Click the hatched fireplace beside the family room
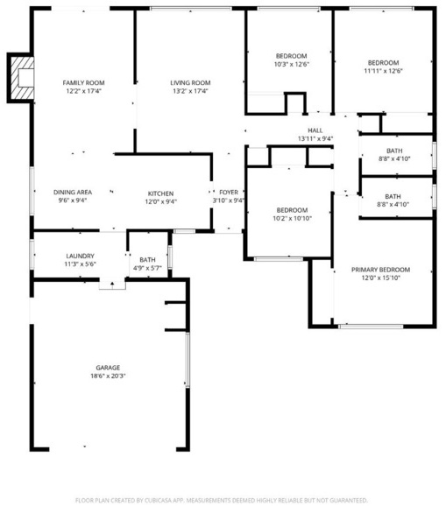pyautogui.click(x=22, y=78)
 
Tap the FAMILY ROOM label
pyautogui.click(x=83, y=83)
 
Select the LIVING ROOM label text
pyautogui.click(x=190, y=83)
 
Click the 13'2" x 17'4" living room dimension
pyautogui.click(x=190, y=91)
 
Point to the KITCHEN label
pyautogui.click(x=160, y=193)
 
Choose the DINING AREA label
pyautogui.click(x=73, y=193)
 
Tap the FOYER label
pyautogui.click(x=229, y=193)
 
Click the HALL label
pyautogui.click(x=315, y=130)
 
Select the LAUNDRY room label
pyautogui.click(x=80, y=256)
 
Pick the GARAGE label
pyautogui.click(x=108, y=368)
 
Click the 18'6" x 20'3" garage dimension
pyautogui.click(x=108, y=376)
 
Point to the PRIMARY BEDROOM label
pyautogui.click(x=381, y=270)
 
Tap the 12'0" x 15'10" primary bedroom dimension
pyautogui.click(x=381, y=278)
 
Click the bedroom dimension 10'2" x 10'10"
pyautogui.click(x=293, y=219)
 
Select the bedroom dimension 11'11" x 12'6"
pyautogui.click(x=383, y=71)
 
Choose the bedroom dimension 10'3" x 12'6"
pyautogui.click(x=292, y=64)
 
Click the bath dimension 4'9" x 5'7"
pyautogui.click(x=147, y=268)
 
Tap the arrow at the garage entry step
pyautogui.click(x=112, y=285)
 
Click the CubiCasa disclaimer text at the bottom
pyautogui.click(x=221, y=501)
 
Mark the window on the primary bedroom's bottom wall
pyautogui.click(x=371, y=327)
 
